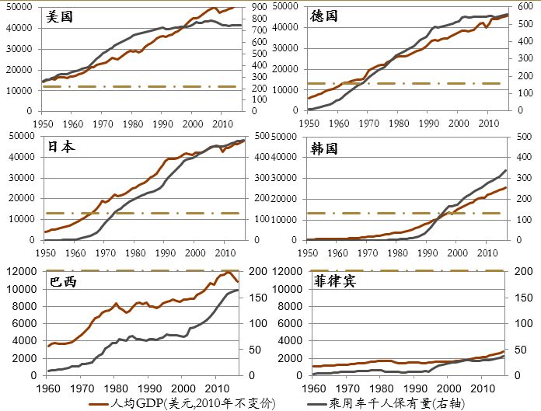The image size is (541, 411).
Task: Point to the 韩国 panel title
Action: pos(324,147)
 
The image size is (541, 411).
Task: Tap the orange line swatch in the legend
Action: pos(98,404)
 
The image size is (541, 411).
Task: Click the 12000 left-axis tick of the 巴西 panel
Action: pos(23,271)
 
